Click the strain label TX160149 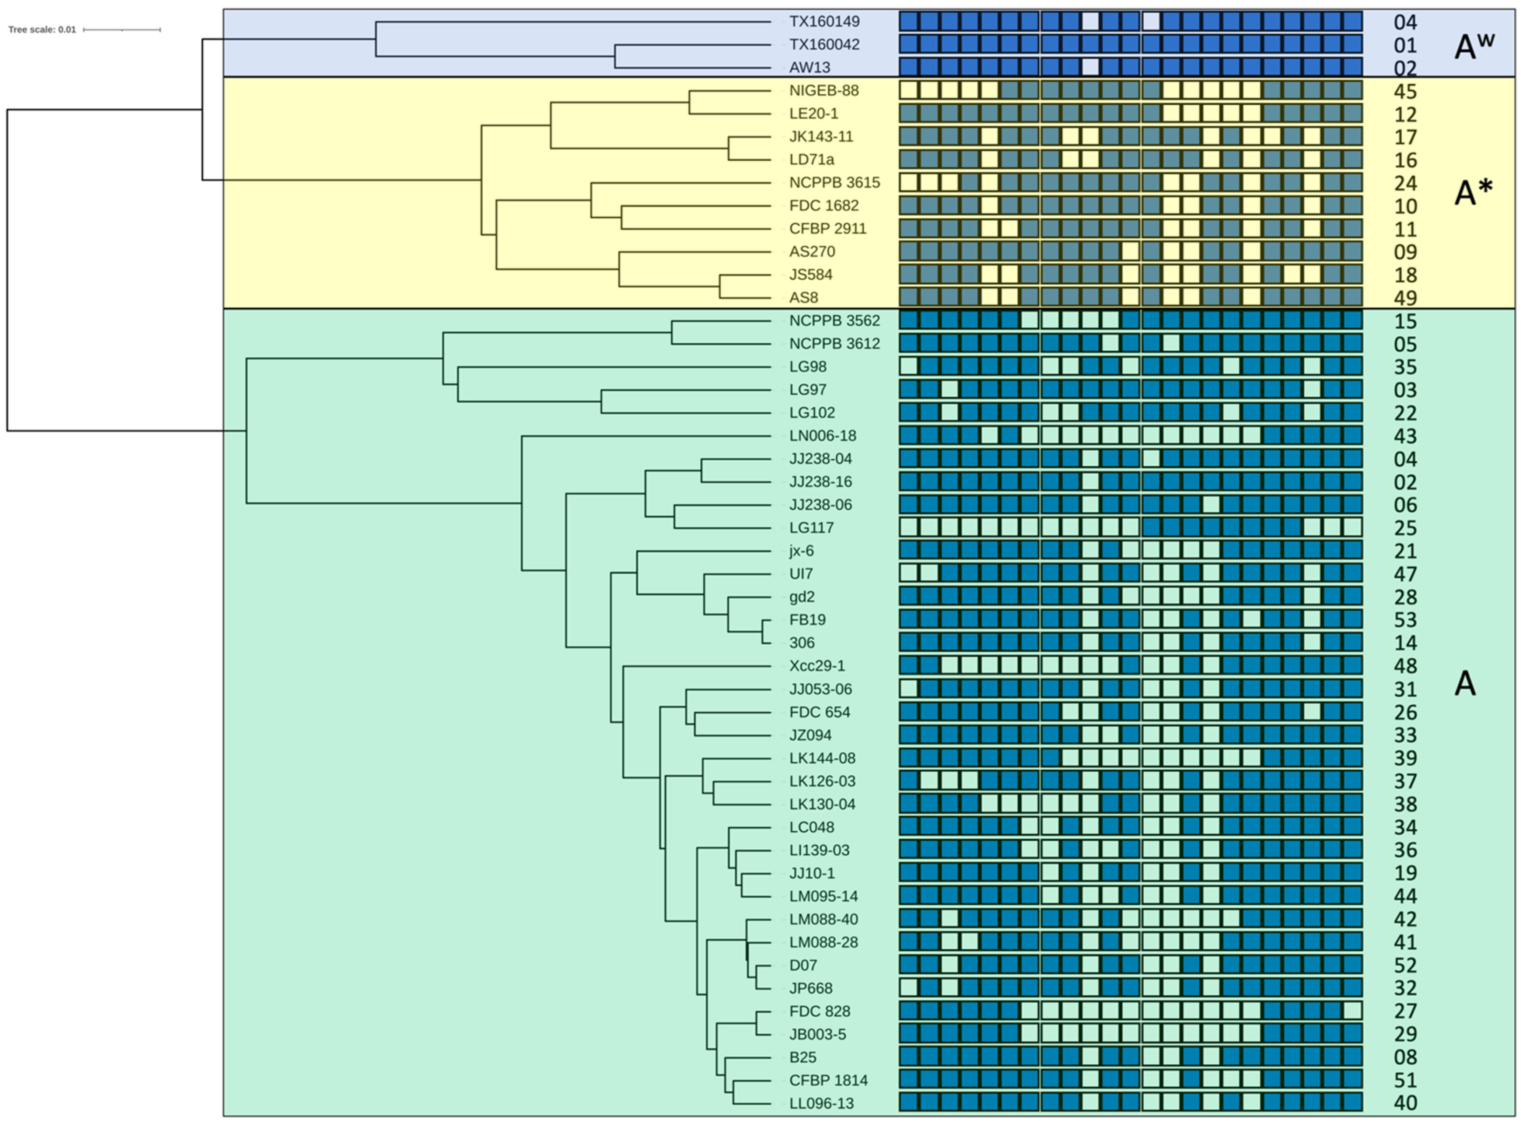tap(824, 22)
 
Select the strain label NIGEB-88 tap(824, 91)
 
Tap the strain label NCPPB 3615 tap(835, 182)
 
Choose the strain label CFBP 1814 tap(828, 1080)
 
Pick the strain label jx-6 tap(802, 551)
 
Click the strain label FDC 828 tap(819, 1011)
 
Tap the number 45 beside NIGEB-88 tap(1405, 91)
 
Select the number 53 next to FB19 tap(1405, 620)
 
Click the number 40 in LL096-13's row tap(1405, 1103)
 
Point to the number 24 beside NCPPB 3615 tap(1405, 183)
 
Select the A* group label tap(1473, 193)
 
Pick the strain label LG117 tap(811, 528)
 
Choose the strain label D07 tap(803, 965)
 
